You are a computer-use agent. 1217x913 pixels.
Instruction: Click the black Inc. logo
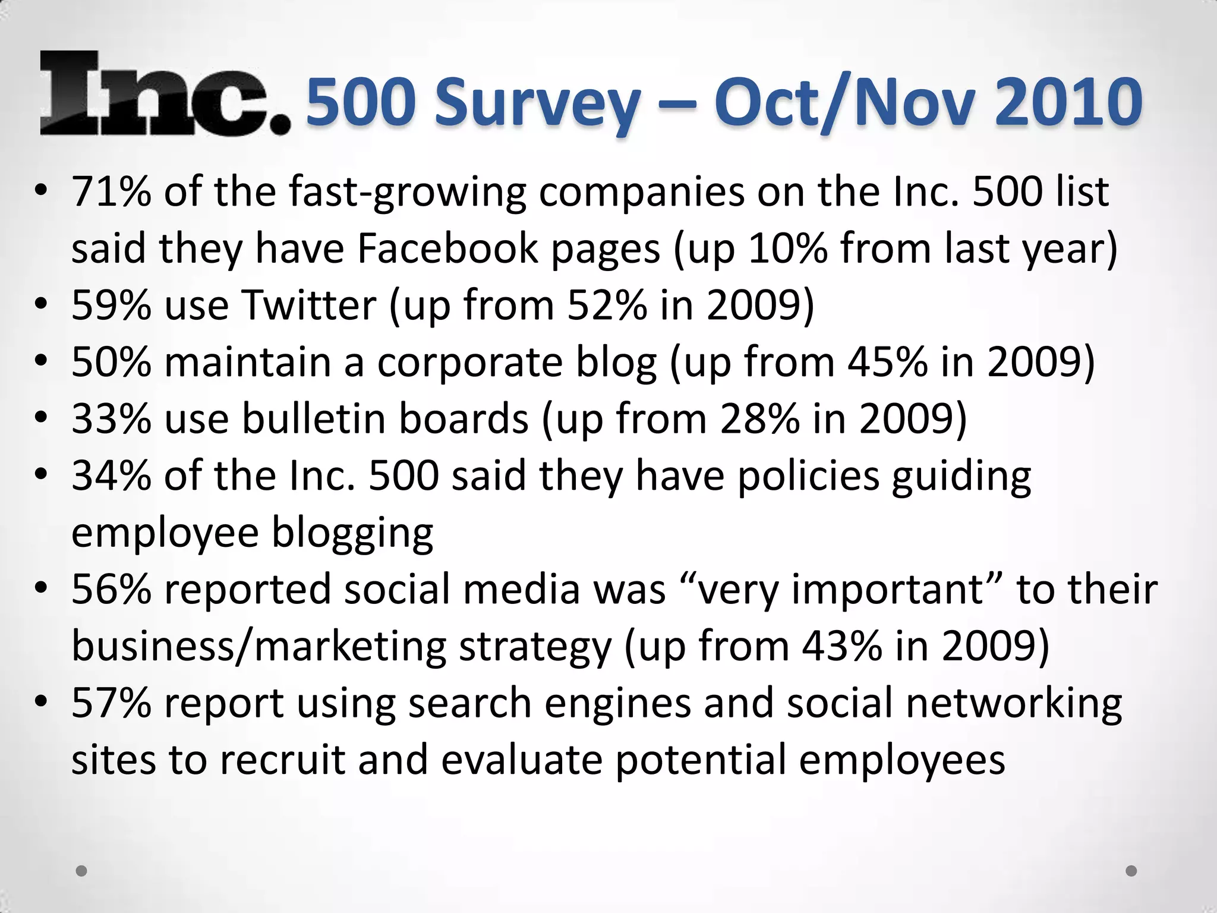[165, 94]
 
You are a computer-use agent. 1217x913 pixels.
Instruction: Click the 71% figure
[111, 191]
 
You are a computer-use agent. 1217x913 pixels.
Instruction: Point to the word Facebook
[447, 248]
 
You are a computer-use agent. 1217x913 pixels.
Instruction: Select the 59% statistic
[111, 305]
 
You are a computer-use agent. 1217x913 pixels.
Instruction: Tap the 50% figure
[111, 362]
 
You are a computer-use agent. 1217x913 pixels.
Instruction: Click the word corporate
[469, 362]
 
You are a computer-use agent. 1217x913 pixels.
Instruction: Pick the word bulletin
[314, 418]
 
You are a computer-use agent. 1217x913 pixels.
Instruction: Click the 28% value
[760, 418]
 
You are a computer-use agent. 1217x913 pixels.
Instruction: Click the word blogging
[352, 534]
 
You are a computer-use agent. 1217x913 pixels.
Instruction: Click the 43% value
[841, 646]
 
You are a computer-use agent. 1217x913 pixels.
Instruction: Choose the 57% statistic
[111, 703]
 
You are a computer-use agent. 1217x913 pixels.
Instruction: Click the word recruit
[282, 760]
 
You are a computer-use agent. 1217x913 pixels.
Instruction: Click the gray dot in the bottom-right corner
[1131, 871]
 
